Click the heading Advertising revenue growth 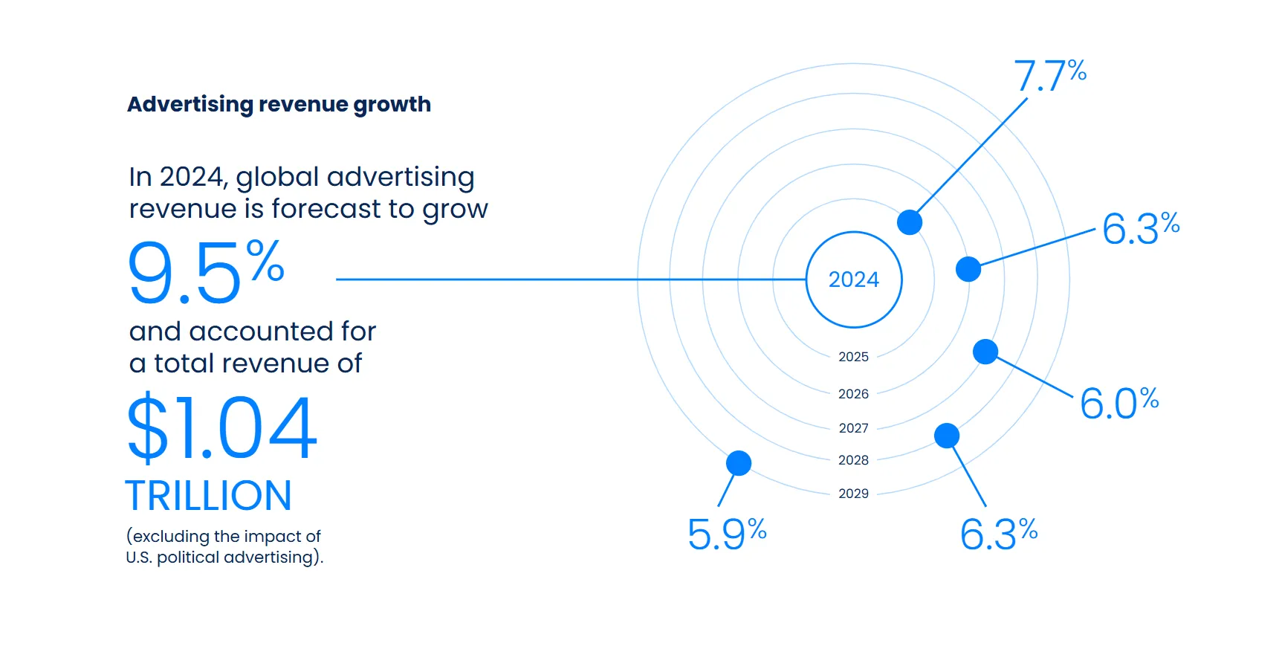(x=279, y=105)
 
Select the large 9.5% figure (x=206, y=272)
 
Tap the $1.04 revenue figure (x=222, y=427)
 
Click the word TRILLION (x=208, y=496)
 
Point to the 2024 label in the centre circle (x=854, y=280)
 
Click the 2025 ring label (x=853, y=357)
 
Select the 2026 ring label (x=853, y=394)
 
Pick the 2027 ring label (x=853, y=428)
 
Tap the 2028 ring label (x=853, y=460)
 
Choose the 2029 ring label (x=853, y=494)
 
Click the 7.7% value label (x=1050, y=76)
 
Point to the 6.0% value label (x=1119, y=404)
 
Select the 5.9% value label (x=727, y=534)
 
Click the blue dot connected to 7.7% (x=910, y=222)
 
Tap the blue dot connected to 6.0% (x=985, y=352)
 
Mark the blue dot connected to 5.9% (x=739, y=463)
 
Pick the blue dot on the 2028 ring (x=947, y=436)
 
